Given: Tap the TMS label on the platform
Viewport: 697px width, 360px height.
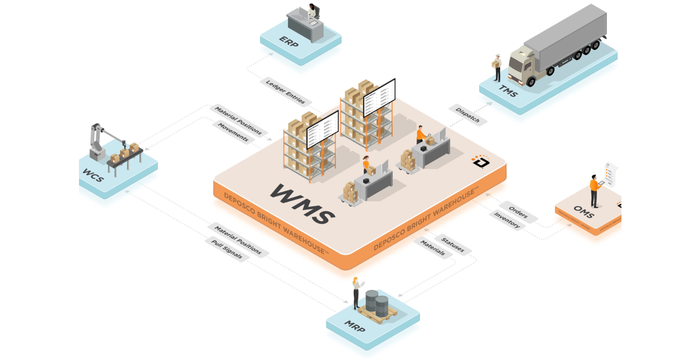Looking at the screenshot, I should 506,89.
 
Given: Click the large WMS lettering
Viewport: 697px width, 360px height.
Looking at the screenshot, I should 301,203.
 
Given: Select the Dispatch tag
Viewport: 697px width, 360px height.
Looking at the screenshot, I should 468,114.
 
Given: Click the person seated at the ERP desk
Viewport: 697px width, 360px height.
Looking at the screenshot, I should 314,12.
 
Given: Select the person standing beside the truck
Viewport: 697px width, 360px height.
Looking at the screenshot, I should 497,67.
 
